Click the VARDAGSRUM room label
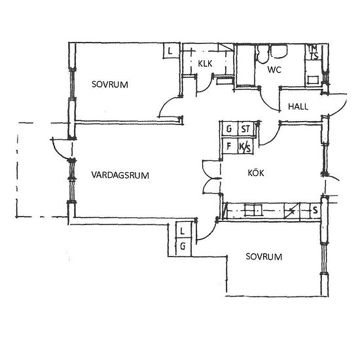coord(120,175)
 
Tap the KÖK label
coord(256,173)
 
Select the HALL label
coord(298,107)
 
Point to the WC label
coord(274,69)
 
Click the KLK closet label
coord(205,63)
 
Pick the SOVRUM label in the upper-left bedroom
coord(110,84)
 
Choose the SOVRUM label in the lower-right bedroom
coord(264,257)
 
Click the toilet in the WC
coord(262,54)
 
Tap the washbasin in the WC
coord(279,51)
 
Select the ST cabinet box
coord(246,129)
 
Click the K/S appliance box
coord(245,146)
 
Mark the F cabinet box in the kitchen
coord(230,146)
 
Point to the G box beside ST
coord(230,129)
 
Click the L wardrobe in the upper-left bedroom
coord(171,50)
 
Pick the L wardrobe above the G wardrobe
coord(183,230)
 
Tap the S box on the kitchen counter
coord(315,210)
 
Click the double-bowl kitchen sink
coord(253,210)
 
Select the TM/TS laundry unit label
coord(313,52)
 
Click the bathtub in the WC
coord(245,65)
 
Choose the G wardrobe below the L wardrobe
coord(183,247)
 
